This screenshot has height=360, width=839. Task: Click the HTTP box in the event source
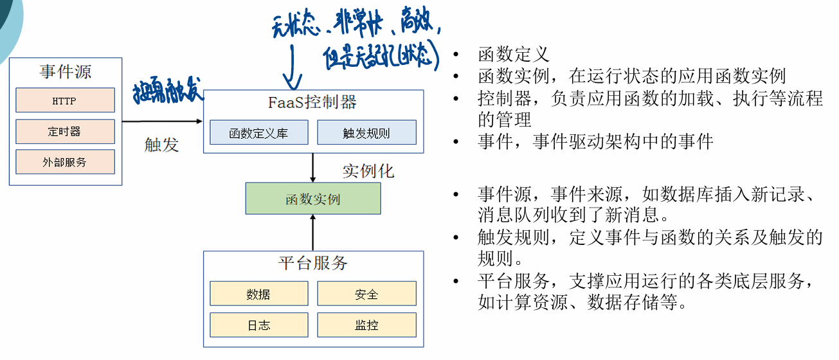65,100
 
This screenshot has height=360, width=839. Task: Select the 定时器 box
65,131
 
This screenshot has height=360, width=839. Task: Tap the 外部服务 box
65,162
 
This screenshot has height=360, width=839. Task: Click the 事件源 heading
65,71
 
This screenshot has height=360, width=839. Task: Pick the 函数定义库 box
258,133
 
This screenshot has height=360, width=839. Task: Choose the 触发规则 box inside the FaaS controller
366,133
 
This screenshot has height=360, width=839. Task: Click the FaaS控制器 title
312,102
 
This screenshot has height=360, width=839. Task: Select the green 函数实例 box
313,199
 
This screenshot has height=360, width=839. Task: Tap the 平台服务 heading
313,263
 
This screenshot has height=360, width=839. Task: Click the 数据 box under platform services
258,294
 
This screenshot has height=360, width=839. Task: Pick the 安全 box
366,294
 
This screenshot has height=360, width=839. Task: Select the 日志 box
258,325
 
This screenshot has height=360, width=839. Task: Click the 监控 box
366,325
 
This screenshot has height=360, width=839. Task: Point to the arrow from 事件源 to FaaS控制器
162,120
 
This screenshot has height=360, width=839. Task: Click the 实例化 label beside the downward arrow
368,171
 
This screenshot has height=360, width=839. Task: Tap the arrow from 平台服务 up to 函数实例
313,233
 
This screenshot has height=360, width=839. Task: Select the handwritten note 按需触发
168,93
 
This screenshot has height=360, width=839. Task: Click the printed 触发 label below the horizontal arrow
161,145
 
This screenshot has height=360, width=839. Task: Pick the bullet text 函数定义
514,55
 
